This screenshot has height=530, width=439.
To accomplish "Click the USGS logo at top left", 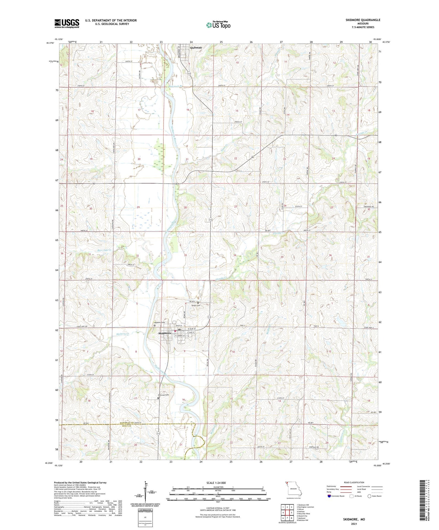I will click(67, 23).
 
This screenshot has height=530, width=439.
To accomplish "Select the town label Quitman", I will click(196, 47).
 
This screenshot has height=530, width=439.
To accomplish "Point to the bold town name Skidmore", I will click(165, 333).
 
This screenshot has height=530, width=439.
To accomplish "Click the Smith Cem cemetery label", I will click(196, 305).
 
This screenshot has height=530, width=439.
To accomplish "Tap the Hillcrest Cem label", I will click(164, 395).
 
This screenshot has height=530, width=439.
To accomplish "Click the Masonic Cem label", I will click(160, 322).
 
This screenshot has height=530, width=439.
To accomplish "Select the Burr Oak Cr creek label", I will click(104, 250).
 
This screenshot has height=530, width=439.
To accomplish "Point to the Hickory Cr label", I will click(123, 334).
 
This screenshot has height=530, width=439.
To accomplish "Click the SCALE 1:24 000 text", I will click(216, 483).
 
